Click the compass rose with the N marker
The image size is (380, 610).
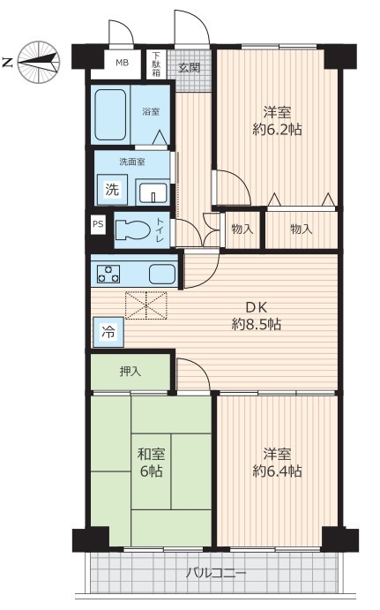tap(39, 63)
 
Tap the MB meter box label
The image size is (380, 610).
tap(123, 63)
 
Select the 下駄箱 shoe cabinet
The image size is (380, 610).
tap(156, 64)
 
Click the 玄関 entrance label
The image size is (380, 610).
tap(189, 68)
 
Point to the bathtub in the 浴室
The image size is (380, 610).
tap(110, 115)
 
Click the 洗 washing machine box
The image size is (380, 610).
tap(112, 190)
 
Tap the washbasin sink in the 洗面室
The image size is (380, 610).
tap(153, 192)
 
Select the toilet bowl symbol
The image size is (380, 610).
tap(133, 230)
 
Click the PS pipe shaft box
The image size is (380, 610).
tap(98, 224)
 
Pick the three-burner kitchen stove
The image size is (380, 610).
tap(108, 274)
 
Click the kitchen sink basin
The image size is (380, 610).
tap(162, 274)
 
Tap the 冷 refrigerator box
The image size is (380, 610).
tap(108, 332)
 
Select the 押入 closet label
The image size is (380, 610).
tap(130, 372)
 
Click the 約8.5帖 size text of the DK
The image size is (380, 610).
tap(257, 324)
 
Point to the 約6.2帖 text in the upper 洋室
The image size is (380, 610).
tap(277, 129)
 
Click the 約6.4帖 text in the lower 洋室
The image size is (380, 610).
tap(277, 471)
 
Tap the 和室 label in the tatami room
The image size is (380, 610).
tap(152, 454)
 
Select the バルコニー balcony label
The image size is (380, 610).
tap(216, 573)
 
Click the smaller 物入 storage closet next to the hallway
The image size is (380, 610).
tap(242, 230)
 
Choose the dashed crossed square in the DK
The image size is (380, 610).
tap(146, 305)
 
